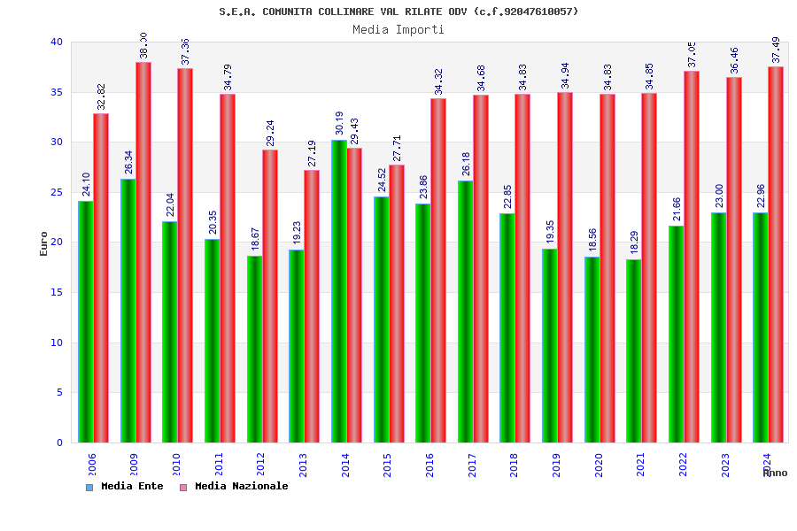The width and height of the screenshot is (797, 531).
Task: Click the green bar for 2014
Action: click(x=339, y=291)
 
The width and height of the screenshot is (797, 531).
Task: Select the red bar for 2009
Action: click(x=143, y=252)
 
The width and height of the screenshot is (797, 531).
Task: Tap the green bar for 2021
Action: click(x=634, y=350)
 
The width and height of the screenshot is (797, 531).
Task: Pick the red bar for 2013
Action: click(x=312, y=306)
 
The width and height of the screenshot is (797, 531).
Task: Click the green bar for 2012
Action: click(x=254, y=349)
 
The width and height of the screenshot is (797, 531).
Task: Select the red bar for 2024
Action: click(x=776, y=254)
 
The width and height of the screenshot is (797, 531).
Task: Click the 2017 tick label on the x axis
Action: click(x=473, y=466)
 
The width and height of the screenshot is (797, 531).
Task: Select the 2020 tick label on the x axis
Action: click(x=600, y=466)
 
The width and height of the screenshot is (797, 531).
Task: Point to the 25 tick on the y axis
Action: click(x=57, y=192)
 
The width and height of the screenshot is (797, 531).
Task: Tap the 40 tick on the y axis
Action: click(x=57, y=42)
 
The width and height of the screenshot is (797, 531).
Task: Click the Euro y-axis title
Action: click(x=44, y=243)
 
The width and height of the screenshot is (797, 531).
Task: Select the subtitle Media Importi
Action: click(x=398, y=29)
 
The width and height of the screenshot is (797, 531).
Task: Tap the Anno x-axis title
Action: click(x=775, y=473)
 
